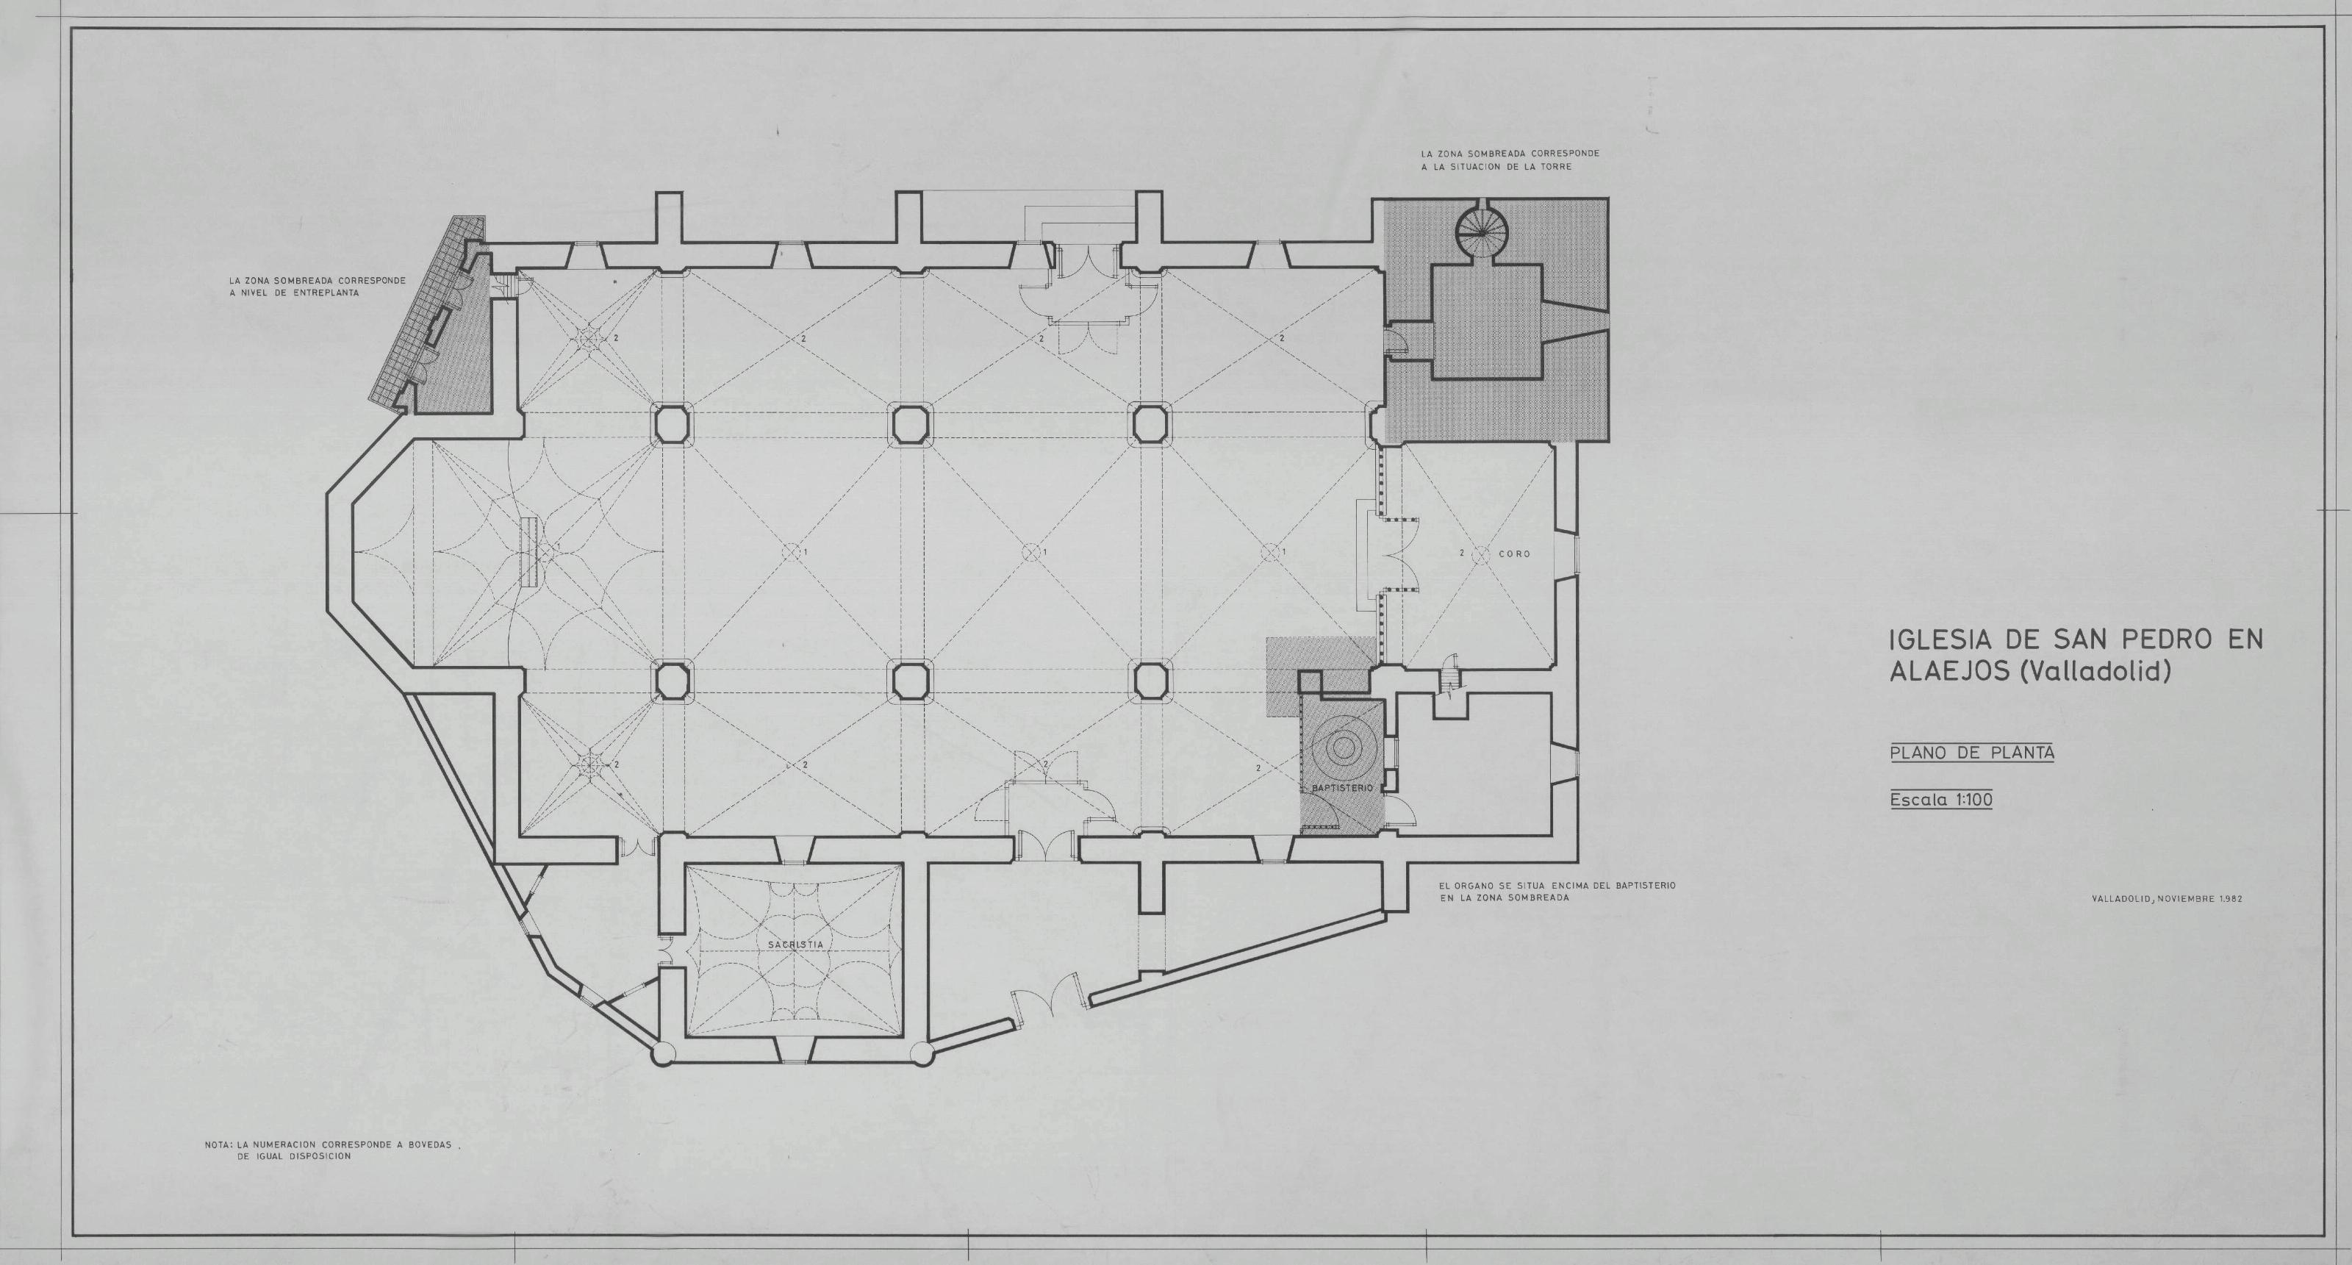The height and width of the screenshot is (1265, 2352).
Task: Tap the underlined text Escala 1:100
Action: point(1941,800)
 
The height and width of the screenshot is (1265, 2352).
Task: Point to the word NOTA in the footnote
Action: point(218,1144)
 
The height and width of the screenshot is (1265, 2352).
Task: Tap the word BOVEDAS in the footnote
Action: point(429,1144)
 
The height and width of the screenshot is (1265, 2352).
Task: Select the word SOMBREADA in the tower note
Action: point(1485,154)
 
